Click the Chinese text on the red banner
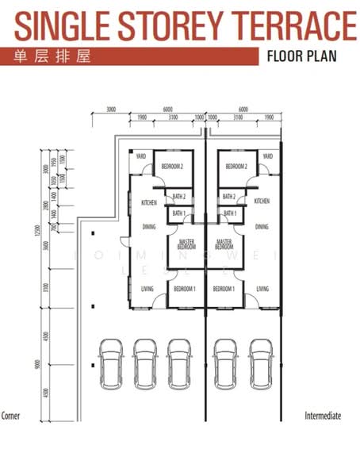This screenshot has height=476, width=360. (x=45, y=56)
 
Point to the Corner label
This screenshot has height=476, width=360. (x=10, y=416)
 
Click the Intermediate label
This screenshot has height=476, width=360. (x=323, y=416)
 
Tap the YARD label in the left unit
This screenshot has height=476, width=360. (x=141, y=156)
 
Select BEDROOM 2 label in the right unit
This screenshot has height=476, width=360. (x=236, y=167)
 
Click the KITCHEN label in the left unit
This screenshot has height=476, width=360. (x=148, y=202)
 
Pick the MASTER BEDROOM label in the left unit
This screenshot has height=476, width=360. (x=187, y=244)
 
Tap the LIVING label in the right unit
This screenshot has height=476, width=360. (x=262, y=290)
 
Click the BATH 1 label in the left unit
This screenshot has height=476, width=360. (x=178, y=213)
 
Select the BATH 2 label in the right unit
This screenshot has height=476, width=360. (x=230, y=197)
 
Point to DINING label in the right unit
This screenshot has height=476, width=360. (x=262, y=227)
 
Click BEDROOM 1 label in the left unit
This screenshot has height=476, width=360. (x=184, y=290)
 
